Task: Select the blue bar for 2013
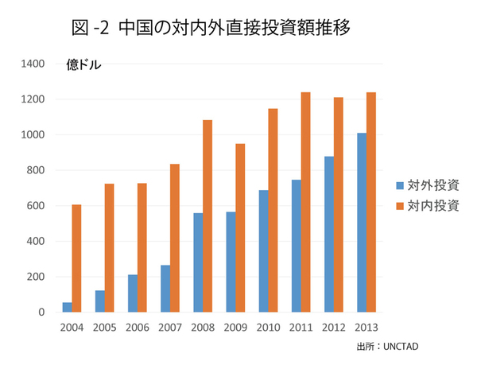(362, 223)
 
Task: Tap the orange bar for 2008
(207, 216)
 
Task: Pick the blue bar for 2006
(133, 293)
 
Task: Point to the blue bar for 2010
(263, 251)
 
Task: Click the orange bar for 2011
(305, 202)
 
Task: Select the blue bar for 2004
(68, 307)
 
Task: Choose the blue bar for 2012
(329, 235)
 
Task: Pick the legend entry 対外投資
(428, 186)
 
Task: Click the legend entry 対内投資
(428, 206)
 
